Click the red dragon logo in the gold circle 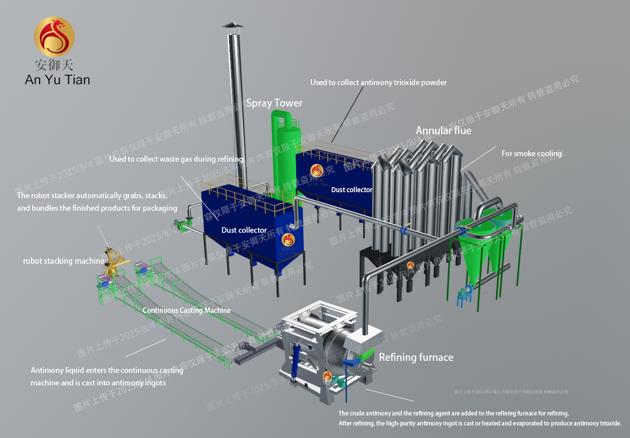pyautogui.click(x=54, y=37)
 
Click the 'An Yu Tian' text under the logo pyautogui.click(x=57, y=79)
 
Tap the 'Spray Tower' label pyautogui.click(x=274, y=103)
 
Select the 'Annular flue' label pyautogui.click(x=443, y=131)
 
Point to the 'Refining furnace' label pyautogui.click(x=416, y=357)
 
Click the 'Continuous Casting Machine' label pyautogui.click(x=186, y=310)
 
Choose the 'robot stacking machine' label pyautogui.click(x=64, y=261)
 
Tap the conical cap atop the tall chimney pyautogui.click(x=232, y=25)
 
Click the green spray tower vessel pyautogui.click(x=284, y=150)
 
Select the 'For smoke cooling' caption pyautogui.click(x=531, y=154)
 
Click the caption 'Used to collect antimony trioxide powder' pyautogui.click(x=378, y=83)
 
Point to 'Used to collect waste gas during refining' pyautogui.click(x=176, y=159)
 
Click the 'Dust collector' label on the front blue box pyautogui.click(x=244, y=230)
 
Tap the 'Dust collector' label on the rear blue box pyautogui.click(x=351, y=190)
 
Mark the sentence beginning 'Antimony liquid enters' pyautogui.click(x=107, y=370)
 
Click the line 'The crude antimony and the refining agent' pyautogui.click(x=454, y=413)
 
